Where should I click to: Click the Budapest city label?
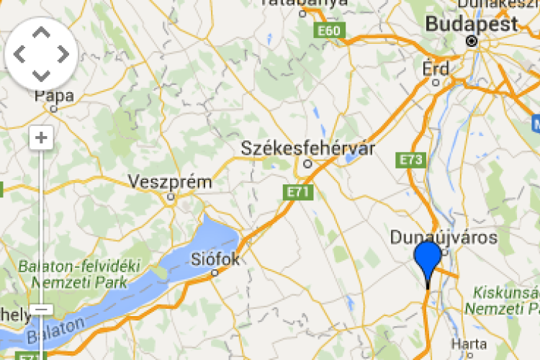point(472,24)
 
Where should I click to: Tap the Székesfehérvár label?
point(308,149)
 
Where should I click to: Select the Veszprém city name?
point(171,182)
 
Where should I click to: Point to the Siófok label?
point(215,258)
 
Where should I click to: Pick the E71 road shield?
point(297,192)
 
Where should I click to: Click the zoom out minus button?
point(41,310)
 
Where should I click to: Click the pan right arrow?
point(63,54)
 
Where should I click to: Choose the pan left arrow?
point(19,54)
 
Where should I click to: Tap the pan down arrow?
point(42,75)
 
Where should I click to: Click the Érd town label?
point(436,69)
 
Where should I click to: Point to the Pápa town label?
point(55,96)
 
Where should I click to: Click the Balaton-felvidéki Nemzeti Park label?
point(79,274)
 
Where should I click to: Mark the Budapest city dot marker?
point(472,41)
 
